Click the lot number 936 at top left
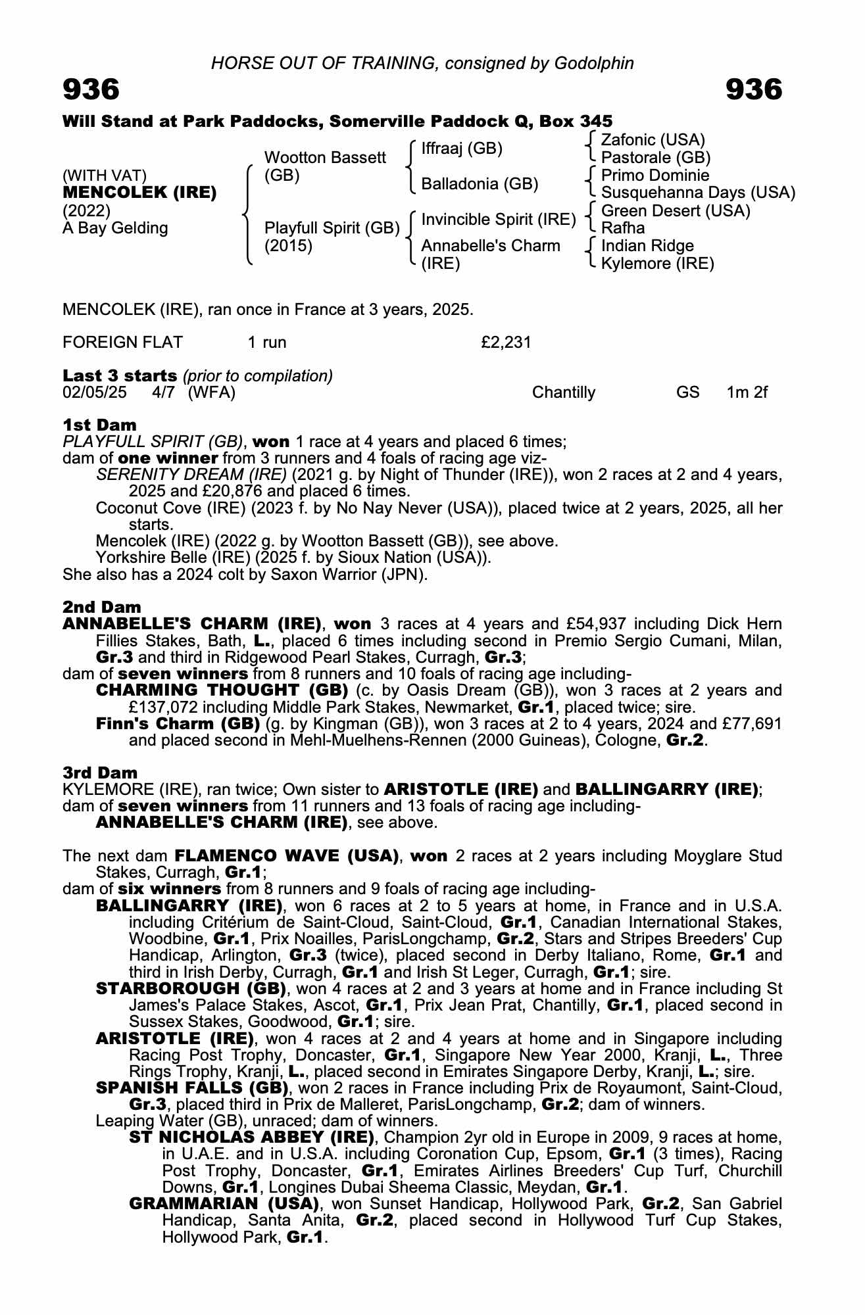91,89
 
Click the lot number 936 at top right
754,89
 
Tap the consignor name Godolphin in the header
594,63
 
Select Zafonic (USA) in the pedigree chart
653,140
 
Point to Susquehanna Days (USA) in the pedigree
698,193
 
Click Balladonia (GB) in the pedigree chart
480,184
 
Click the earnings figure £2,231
506,343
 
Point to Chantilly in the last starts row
564,393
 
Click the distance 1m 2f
747,393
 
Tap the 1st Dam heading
99,425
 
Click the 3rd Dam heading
100,773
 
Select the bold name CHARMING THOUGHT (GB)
222,690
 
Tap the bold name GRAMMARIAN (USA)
224,1204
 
